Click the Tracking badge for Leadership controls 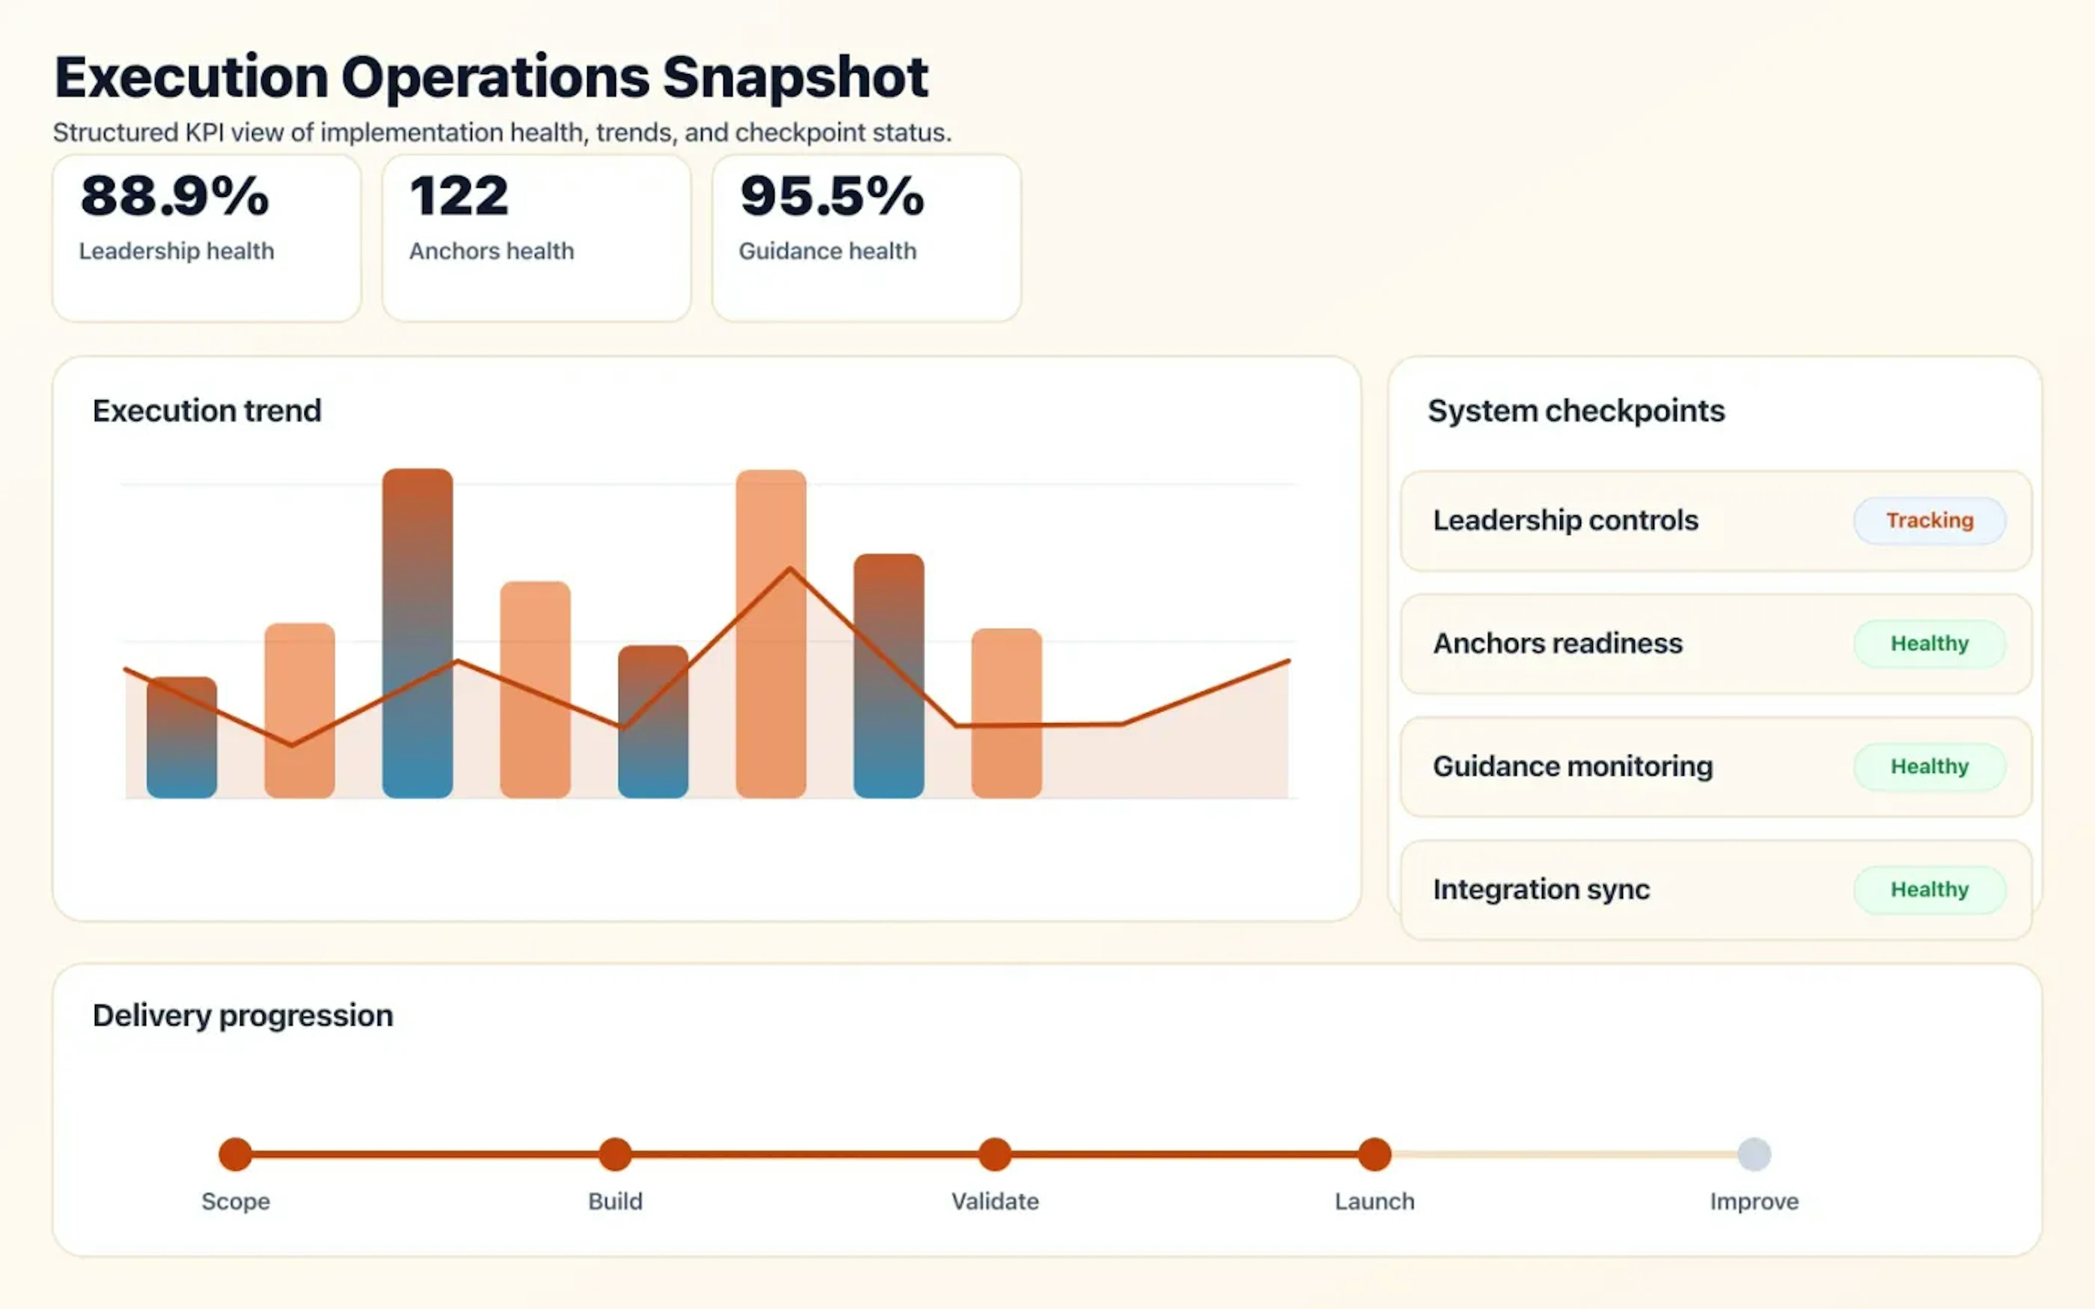tap(1930, 520)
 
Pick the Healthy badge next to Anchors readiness tap(1930, 643)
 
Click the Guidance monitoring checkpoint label tap(1572, 766)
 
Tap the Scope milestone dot tap(236, 1154)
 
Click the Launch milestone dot tap(1374, 1154)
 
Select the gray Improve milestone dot tap(1754, 1154)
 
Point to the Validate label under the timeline tap(995, 1201)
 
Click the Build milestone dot tap(615, 1154)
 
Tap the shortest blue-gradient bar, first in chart tap(182, 737)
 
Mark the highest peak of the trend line tap(789, 569)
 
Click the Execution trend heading tap(207, 410)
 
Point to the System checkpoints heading tap(1576, 410)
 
